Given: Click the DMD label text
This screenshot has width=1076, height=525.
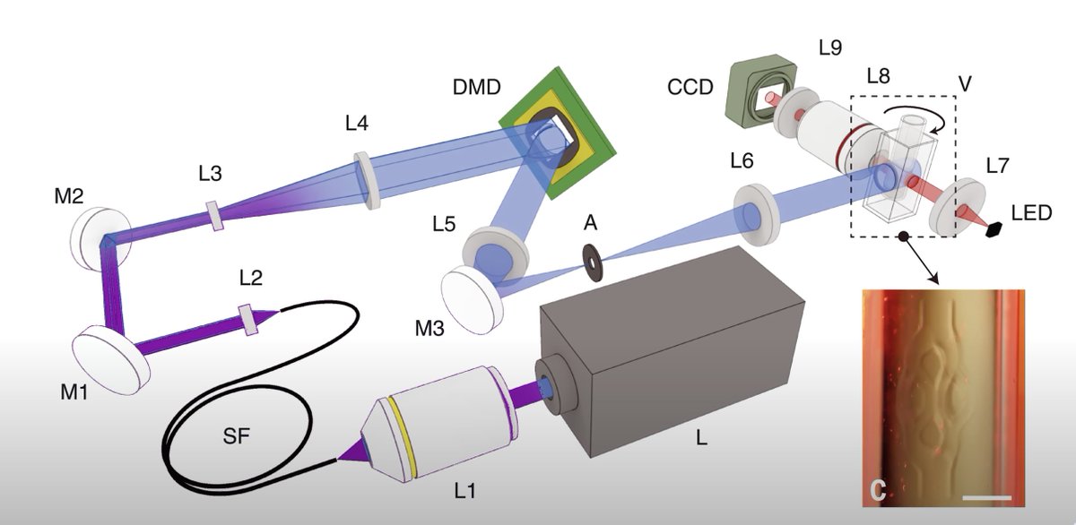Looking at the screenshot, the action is (476, 87).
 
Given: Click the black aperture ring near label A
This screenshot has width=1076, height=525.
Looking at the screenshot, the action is (593, 262).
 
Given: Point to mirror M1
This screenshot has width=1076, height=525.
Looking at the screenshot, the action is (111, 359).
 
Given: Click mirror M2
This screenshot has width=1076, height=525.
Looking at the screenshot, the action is (100, 238).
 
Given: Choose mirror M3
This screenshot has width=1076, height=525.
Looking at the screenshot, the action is (473, 301).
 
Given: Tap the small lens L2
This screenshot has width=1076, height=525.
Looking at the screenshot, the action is (247, 320).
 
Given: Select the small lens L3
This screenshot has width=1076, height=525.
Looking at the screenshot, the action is (214, 216).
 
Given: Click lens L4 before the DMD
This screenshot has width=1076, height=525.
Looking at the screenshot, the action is (368, 180).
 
